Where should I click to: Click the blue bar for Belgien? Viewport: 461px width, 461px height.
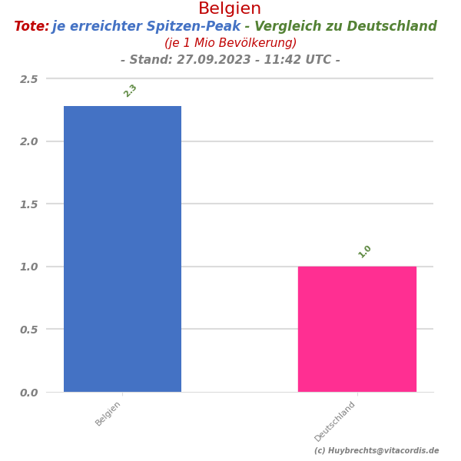[122, 249]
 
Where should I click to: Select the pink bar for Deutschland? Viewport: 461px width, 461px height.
[357, 329]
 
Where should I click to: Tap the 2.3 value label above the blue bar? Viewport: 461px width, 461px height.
[131, 91]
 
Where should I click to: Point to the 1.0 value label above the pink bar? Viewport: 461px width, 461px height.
[365, 251]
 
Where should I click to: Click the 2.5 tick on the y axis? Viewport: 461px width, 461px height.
[28, 79]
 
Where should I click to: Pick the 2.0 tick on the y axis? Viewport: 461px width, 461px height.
[28, 141]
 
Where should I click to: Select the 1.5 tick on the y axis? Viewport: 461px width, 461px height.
[28, 204]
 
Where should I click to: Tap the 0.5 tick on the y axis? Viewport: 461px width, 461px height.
[28, 330]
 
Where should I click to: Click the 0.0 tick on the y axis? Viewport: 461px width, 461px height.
[28, 393]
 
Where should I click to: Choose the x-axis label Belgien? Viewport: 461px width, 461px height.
[108, 413]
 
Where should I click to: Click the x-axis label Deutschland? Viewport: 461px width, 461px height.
[335, 421]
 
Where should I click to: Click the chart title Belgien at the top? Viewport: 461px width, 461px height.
[230, 9]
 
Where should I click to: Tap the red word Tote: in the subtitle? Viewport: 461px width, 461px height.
[32, 27]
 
